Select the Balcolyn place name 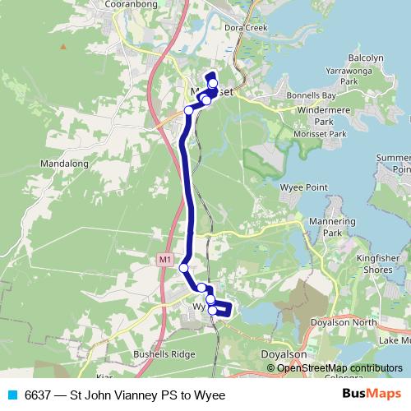366,58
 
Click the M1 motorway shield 165,260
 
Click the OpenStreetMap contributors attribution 339,368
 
